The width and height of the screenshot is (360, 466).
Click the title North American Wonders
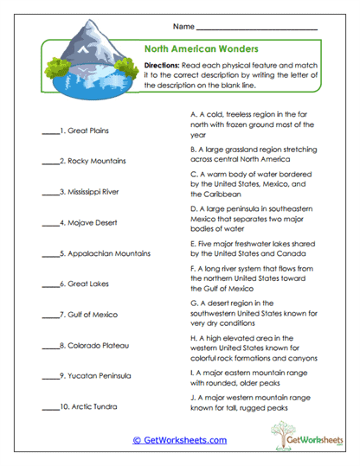[x=200, y=49]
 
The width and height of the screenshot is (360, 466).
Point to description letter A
[x=192, y=113]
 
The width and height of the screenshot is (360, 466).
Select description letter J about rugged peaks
[x=192, y=398]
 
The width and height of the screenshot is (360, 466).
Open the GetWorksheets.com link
[x=179, y=440]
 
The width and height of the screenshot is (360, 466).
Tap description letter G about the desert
[x=192, y=304]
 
